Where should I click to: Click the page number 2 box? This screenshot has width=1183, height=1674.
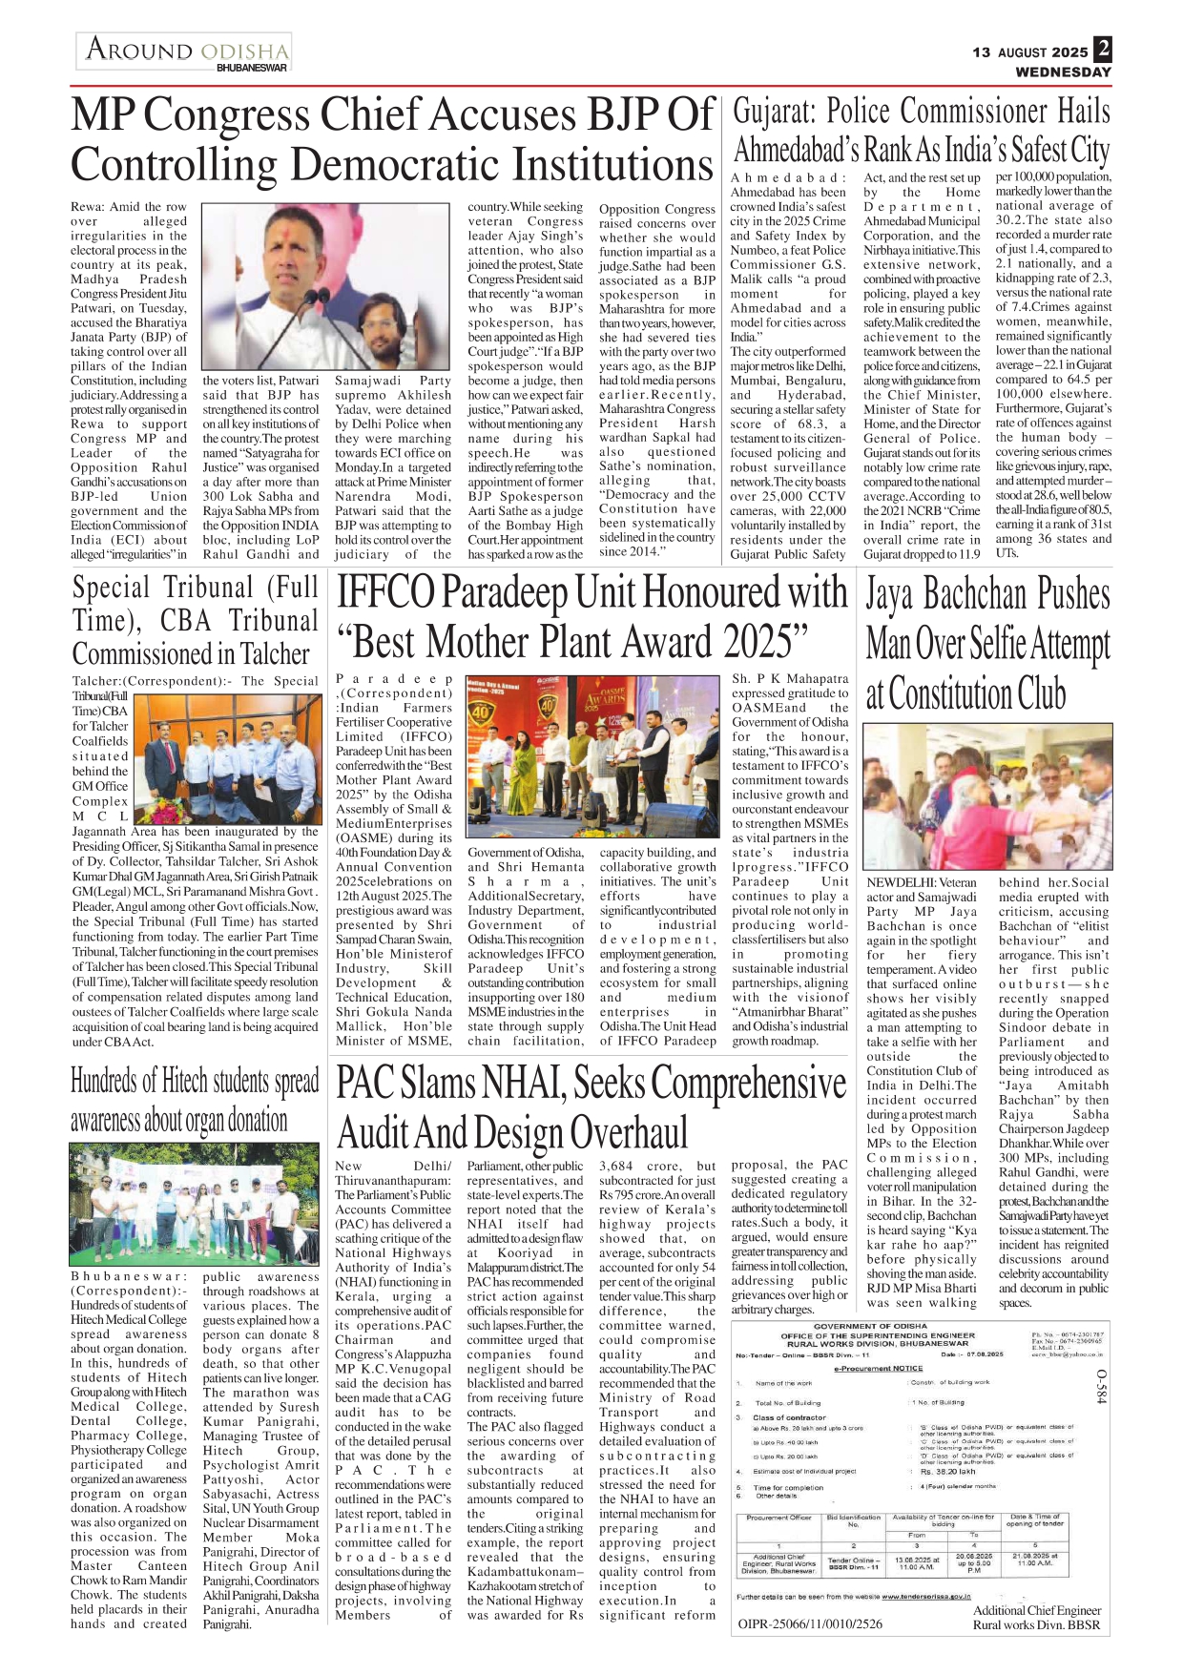[x=1103, y=49]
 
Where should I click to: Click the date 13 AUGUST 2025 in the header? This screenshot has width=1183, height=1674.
[x=1030, y=52]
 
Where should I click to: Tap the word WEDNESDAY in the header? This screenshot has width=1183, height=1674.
[x=1063, y=72]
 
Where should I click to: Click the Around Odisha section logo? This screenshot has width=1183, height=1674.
[x=186, y=52]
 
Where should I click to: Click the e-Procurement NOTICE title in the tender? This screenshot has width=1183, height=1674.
[x=878, y=1368]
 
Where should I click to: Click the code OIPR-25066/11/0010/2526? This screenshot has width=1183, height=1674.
[x=810, y=1623]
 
